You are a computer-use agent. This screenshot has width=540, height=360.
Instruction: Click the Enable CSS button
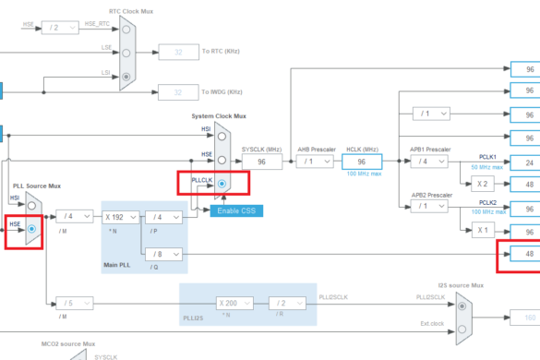[x=237, y=210]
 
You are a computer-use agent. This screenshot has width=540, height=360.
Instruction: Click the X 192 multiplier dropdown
[x=118, y=217]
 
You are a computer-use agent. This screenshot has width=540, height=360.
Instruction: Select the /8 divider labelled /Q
[x=164, y=254]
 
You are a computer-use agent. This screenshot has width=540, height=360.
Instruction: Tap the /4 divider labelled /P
[x=164, y=217]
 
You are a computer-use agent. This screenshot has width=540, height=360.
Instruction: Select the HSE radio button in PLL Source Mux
[x=32, y=227]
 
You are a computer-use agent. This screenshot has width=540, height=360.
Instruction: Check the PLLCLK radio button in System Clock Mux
[x=222, y=183]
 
